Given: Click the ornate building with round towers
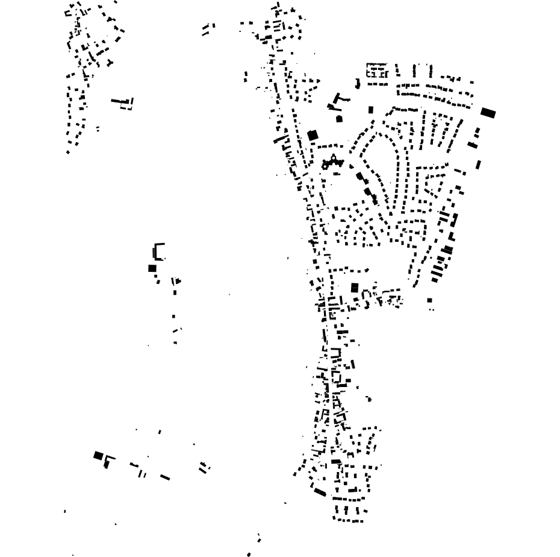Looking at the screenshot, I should pos(332,162).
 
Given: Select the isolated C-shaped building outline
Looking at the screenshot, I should pos(158,251).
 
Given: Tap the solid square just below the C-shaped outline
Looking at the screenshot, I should pos(152,268).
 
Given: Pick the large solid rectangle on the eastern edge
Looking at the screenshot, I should pos(488,112).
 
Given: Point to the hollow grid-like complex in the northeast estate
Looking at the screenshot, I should pos(377,71).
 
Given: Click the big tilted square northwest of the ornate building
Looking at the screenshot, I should pos(313,135).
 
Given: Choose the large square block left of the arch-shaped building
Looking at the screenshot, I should pos(355,288).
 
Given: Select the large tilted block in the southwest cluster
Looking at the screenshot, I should pos(98,456).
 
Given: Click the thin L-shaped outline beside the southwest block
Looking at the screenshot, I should pos(109,461).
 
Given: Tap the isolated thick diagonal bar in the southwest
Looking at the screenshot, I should pos(164,477).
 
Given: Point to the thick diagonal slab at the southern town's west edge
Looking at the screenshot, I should pos(320,492).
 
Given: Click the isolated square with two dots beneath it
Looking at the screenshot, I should pos(429,300).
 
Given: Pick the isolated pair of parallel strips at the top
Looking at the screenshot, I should pos(208,28).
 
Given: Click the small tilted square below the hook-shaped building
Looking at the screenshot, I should pos(339,119).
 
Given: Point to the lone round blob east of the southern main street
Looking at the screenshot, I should pos(369,399).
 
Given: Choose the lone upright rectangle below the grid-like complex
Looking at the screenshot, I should pos(371,110).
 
